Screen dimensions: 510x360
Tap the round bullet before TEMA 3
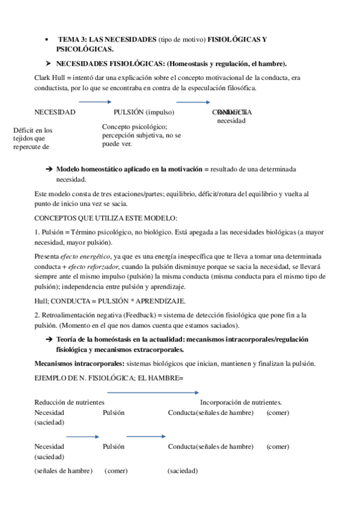(46, 39)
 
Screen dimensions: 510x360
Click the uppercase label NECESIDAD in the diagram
(55, 112)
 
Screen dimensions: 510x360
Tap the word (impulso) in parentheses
(159, 112)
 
